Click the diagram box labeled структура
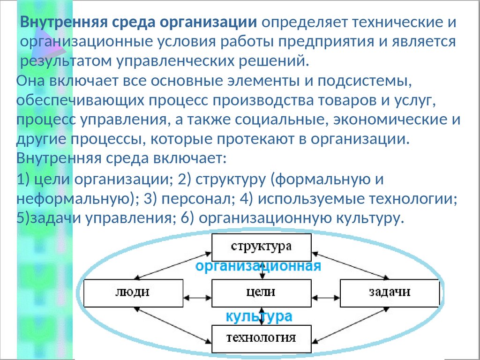pyautogui.click(x=261, y=247)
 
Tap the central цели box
pyautogui.click(x=261, y=292)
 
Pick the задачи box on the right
pyautogui.click(x=389, y=292)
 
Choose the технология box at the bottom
pyautogui.click(x=261, y=337)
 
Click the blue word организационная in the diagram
pyautogui.click(x=258, y=267)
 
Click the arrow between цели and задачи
pyautogui.click(x=325, y=297)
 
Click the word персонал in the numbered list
pyautogui.click(x=195, y=199)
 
